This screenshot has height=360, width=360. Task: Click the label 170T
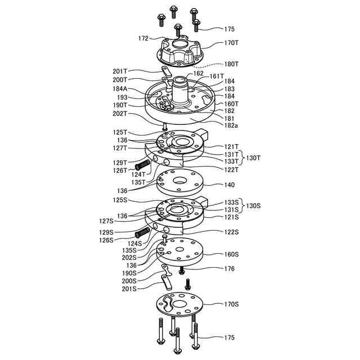[232, 42]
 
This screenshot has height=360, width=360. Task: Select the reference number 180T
[232, 64]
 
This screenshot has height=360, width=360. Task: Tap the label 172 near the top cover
[143, 39]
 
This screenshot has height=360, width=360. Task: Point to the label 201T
[120, 71]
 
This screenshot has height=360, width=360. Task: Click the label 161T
[217, 76]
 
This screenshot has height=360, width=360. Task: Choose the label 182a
[231, 125]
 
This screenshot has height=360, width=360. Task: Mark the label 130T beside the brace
[254, 157]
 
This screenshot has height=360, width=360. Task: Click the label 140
[229, 185]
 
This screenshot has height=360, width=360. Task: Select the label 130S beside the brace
[254, 206]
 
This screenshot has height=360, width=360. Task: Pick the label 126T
[120, 170]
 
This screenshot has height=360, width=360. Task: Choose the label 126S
[120, 240]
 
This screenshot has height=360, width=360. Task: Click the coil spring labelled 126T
[143, 164]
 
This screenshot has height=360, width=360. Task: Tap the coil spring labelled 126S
[142, 232]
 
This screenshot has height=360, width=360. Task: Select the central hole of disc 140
[181, 182]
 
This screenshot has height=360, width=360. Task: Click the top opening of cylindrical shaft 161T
[179, 79]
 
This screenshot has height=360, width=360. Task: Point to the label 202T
[120, 114]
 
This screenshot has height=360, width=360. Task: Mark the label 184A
[120, 89]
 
